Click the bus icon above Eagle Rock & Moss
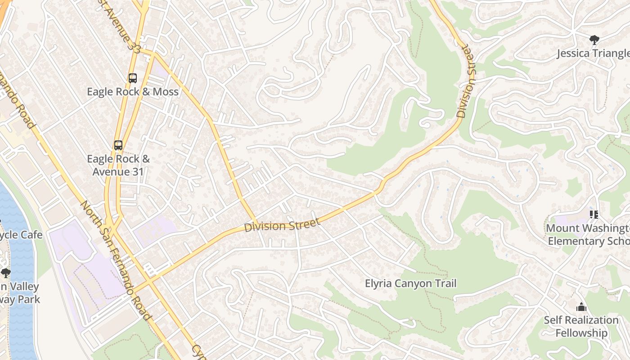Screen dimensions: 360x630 [132, 78]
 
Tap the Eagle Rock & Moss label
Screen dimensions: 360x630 [132, 92]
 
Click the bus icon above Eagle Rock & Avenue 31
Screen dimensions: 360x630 [118, 145]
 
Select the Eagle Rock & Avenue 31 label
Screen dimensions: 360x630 [118, 165]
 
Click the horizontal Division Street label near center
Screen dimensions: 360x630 [282, 225]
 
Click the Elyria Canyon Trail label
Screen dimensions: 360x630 [410, 283]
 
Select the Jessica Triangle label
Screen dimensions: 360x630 [593, 54]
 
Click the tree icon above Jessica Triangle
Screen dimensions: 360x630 [594, 40]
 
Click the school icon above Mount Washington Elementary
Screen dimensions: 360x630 [594, 215]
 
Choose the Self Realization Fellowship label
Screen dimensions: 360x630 [581, 326]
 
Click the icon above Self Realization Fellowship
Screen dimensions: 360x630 [581, 307]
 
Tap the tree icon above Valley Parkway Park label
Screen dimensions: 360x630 [5, 273]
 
